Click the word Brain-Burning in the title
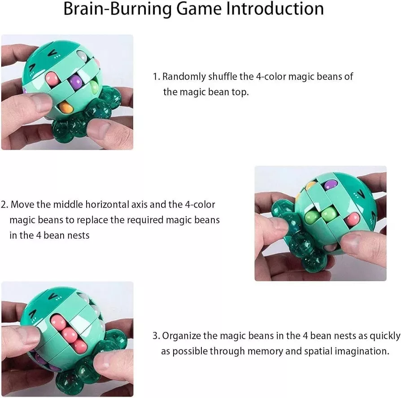click(118, 9)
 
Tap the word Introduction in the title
click(275, 9)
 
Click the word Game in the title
click(199, 9)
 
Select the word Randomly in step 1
click(184, 77)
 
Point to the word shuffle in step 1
click(223, 76)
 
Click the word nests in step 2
click(79, 236)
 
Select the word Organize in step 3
click(182, 336)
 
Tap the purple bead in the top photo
click(76, 82)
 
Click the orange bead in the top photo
click(65, 107)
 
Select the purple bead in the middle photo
click(330, 185)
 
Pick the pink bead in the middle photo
click(352, 219)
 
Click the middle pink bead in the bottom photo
click(69, 334)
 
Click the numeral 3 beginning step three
click(155, 336)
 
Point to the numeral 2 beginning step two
click(3, 205)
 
